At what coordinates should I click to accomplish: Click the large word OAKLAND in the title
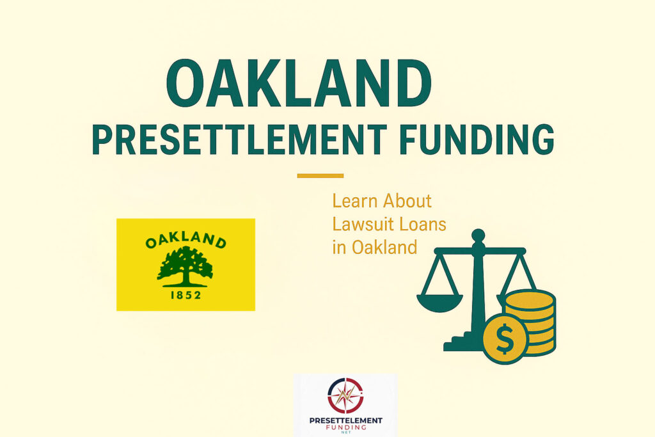click(x=299, y=83)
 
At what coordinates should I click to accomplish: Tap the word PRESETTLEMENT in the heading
click(x=240, y=139)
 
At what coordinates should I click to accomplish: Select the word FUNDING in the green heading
click(x=477, y=139)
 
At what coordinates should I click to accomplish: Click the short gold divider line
click(x=320, y=176)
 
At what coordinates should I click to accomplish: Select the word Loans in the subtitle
click(x=422, y=225)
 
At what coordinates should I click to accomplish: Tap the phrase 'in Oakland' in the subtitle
click(x=375, y=248)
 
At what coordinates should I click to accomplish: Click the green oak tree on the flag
click(x=185, y=266)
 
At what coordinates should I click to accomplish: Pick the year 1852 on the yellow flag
click(x=186, y=295)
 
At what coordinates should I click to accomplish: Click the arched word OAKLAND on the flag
click(x=186, y=240)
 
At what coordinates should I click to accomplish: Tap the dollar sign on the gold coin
click(x=505, y=338)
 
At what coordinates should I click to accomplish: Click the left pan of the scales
click(x=440, y=303)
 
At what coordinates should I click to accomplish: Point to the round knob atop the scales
click(x=478, y=235)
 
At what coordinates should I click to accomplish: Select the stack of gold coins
click(x=530, y=322)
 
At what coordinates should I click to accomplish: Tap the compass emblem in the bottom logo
click(x=345, y=395)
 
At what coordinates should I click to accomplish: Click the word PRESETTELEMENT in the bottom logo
click(x=346, y=421)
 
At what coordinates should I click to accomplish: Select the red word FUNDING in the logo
click(x=346, y=427)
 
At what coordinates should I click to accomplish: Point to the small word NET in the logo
click(x=346, y=433)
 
